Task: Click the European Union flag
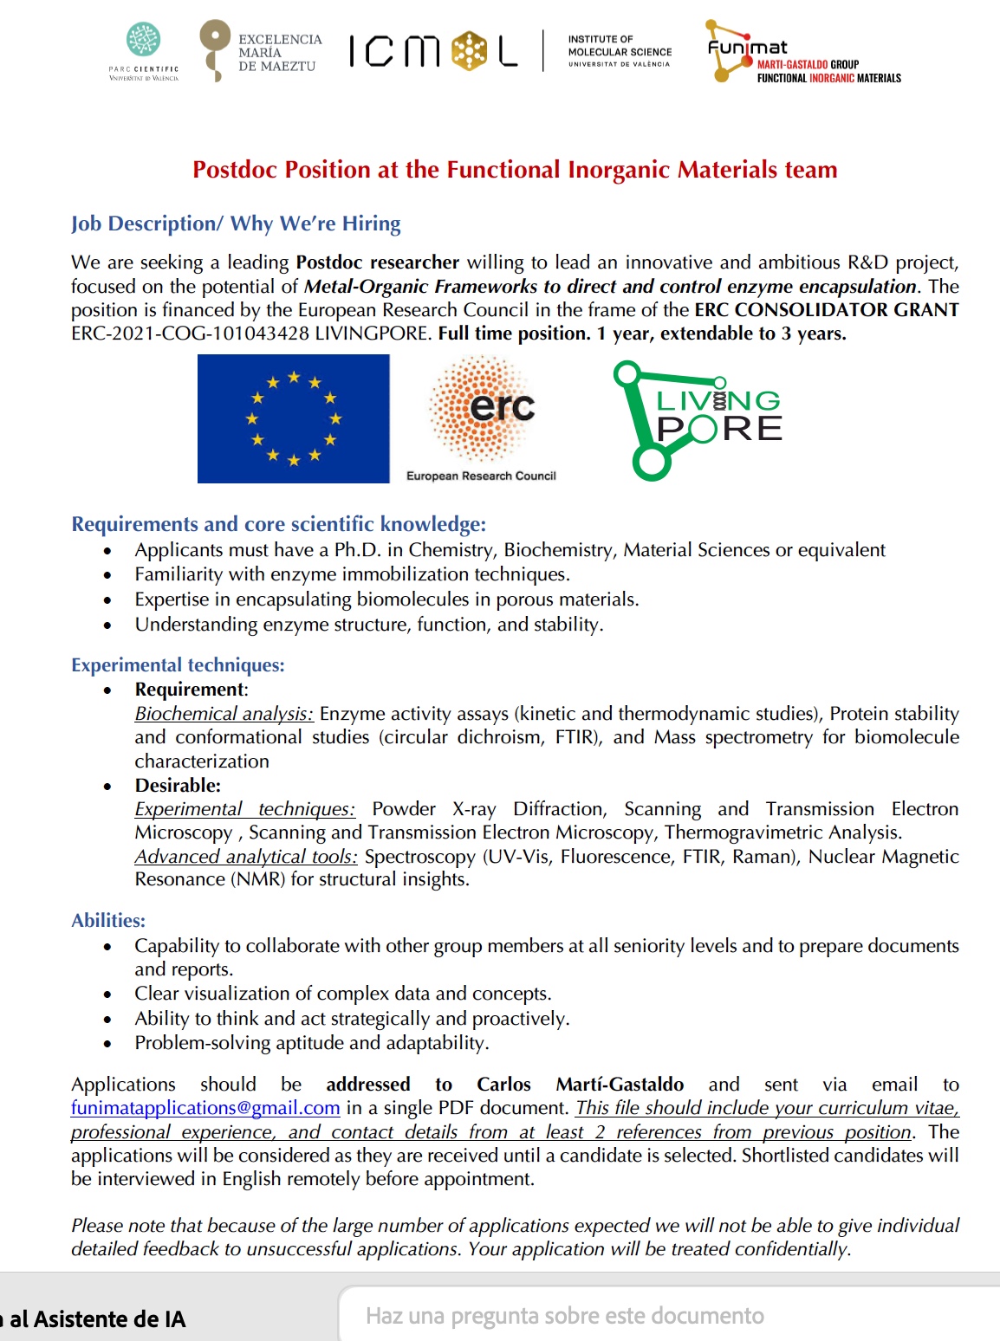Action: (293, 418)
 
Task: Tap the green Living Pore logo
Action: (697, 420)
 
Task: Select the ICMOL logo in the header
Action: (433, 51)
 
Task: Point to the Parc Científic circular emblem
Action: (144, 40)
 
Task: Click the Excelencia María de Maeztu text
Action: (279, 53)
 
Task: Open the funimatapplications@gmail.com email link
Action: (205, 1108)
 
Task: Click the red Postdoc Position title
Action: (515, 170)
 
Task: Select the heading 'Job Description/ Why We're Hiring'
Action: (236, 223)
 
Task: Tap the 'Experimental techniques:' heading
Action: (178, 665)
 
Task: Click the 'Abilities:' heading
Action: (108, 921)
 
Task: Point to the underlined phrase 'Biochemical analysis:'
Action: (224, 714)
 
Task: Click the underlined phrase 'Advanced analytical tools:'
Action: (246, 857)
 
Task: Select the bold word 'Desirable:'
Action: (178, 786)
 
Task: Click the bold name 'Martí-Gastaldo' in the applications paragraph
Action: (620, 1085)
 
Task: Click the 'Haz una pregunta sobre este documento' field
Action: (564, 1317)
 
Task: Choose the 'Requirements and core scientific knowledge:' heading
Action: (278, 524)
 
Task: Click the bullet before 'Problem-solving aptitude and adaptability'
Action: (107, 1044)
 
